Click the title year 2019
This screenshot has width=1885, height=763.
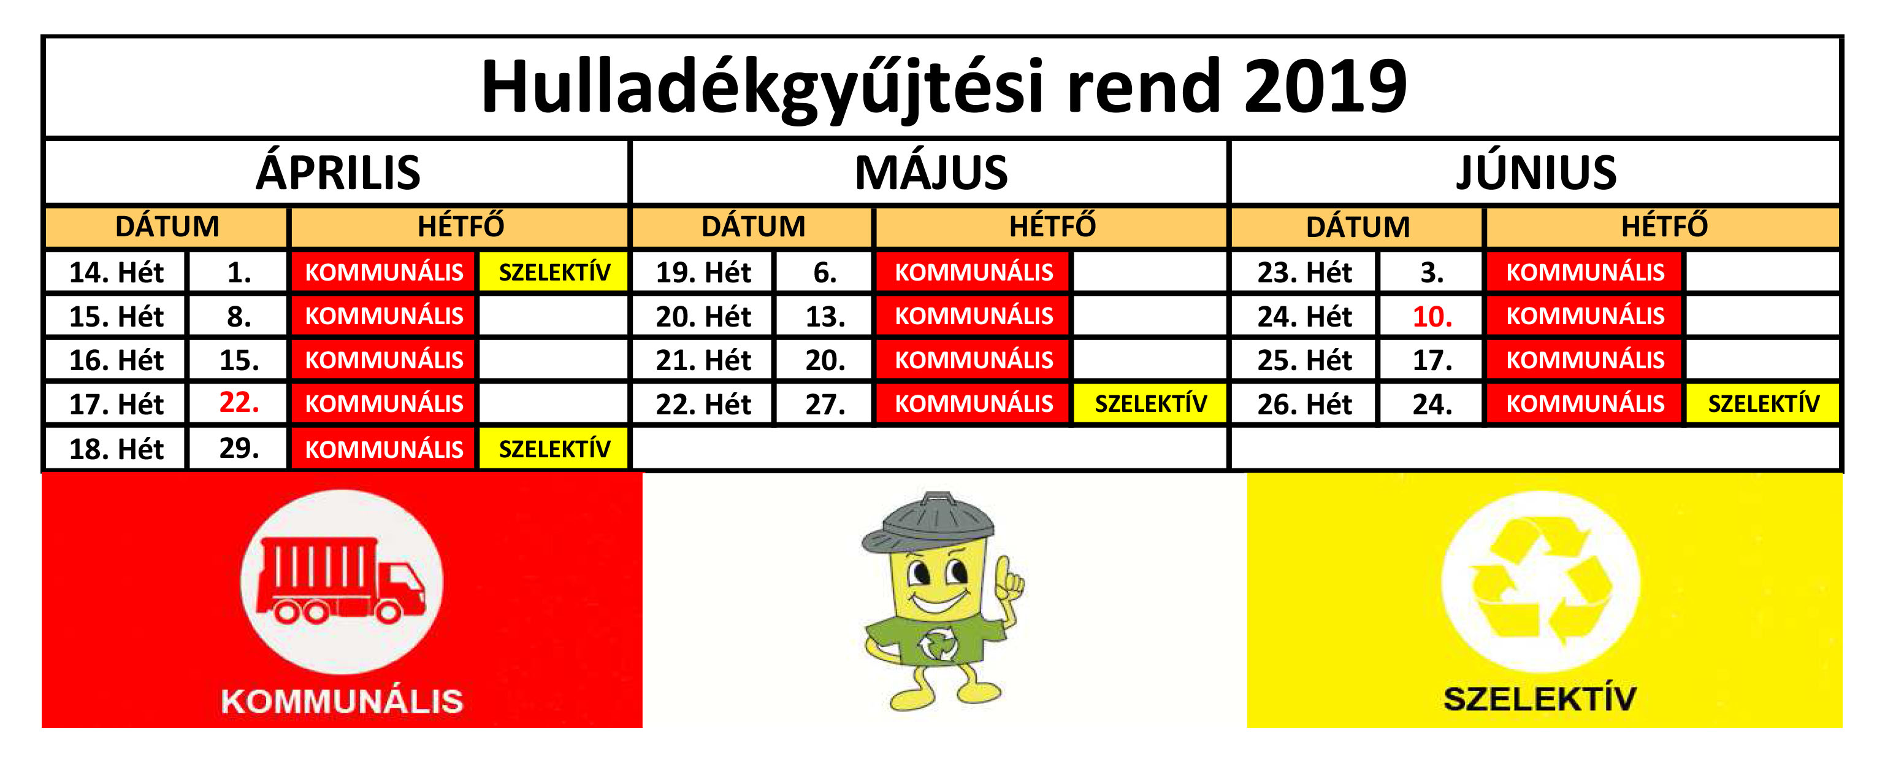1325,87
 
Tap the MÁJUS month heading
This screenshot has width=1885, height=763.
931,173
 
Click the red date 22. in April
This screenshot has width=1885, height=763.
239,402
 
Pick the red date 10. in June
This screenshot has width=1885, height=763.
1432,316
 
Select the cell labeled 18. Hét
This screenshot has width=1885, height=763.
117,448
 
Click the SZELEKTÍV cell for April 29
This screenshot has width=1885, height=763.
554,448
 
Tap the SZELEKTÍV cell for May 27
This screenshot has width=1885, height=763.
1150,403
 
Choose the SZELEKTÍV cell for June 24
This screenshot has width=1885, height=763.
1764,403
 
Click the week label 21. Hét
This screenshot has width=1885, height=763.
703,360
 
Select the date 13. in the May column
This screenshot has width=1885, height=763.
825,316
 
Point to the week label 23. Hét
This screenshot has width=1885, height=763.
1305,273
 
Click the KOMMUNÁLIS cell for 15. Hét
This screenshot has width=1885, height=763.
383,316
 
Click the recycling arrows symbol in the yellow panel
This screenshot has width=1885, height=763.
1540,581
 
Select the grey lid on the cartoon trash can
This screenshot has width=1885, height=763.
928,521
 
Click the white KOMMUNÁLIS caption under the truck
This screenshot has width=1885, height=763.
342,701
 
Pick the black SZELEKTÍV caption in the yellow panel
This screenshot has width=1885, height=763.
1540,698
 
